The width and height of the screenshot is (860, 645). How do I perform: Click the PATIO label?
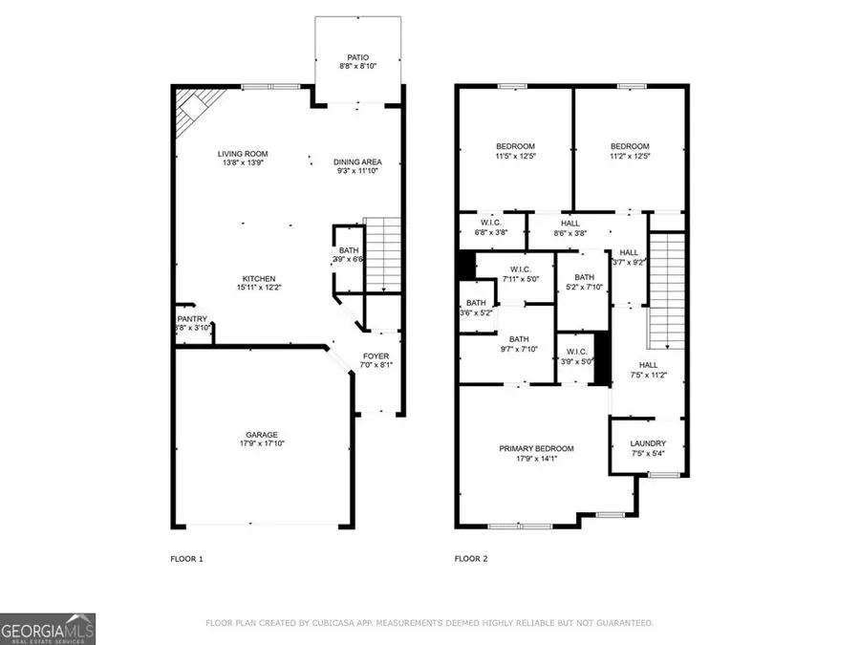(x=358, y=57)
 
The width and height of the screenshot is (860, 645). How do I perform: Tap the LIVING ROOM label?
(x=243, y=154)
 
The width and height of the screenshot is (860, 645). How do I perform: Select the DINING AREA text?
(x=358, y=161)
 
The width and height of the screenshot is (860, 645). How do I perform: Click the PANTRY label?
(x=192, y=319)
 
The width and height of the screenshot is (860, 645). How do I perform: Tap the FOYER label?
(x=376, y=356)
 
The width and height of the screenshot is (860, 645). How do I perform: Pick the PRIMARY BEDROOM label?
(x=536, y=448)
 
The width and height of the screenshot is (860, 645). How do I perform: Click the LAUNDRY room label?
(x=647, y=443)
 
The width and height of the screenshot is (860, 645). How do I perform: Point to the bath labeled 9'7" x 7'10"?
(x=519, y=345)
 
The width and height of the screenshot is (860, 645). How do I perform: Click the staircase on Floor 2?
(x=668, y=291)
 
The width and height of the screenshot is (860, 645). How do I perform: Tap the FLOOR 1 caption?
(x=186, y=558)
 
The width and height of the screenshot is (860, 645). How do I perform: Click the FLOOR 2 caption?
(x=472, y=558)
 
